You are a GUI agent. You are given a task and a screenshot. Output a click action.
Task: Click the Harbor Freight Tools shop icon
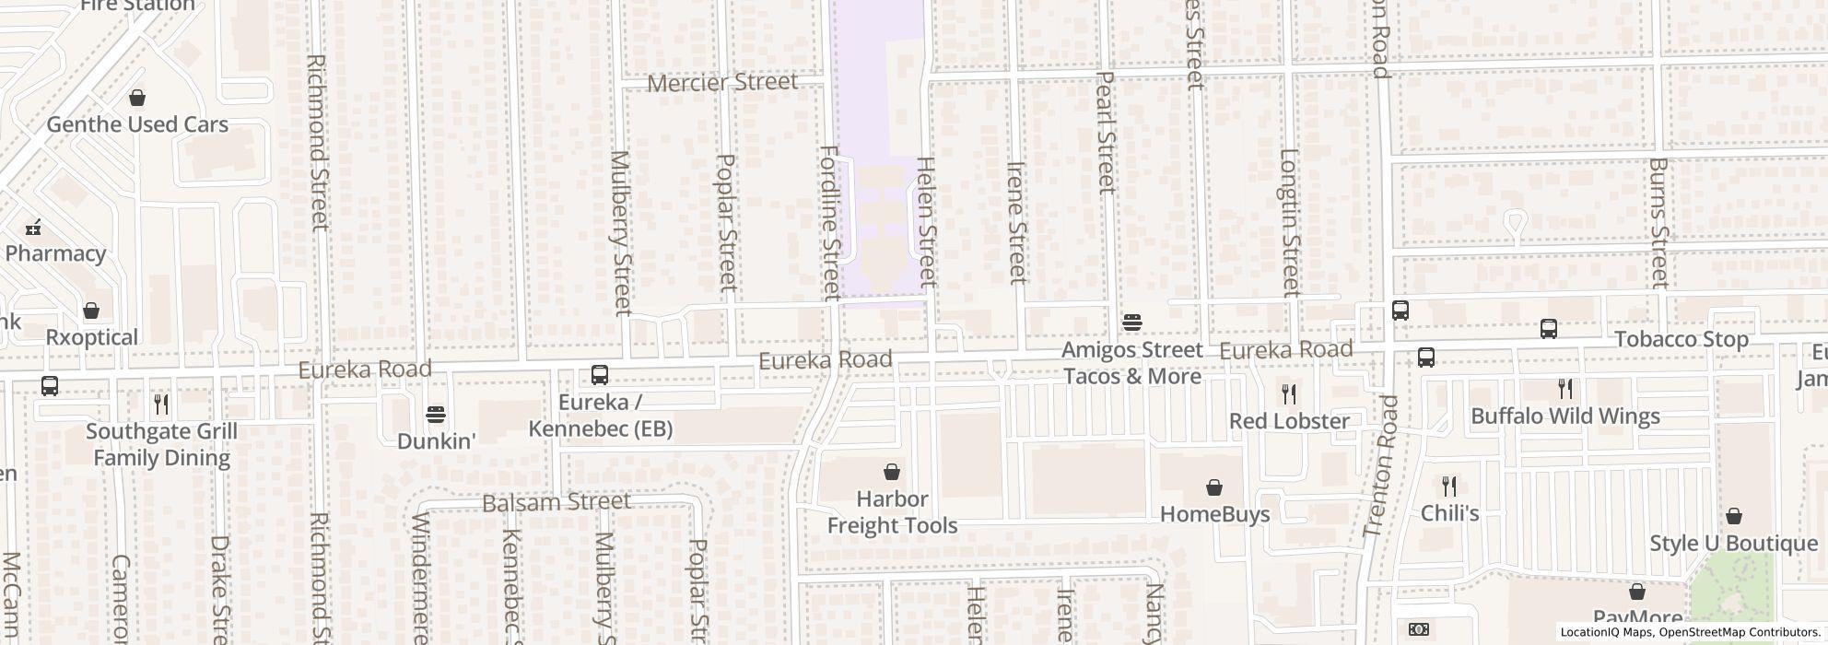892,473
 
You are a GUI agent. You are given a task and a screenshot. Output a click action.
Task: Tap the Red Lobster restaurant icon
1289,394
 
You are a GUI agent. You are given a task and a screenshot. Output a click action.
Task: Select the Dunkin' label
436,441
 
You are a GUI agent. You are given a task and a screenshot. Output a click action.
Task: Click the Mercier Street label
722,83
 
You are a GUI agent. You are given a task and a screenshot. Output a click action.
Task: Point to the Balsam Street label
557,502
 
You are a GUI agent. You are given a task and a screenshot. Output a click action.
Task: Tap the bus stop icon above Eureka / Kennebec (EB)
599,375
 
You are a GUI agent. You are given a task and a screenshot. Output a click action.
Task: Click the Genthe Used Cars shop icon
137,98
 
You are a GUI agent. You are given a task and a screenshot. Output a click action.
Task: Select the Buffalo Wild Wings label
1564,416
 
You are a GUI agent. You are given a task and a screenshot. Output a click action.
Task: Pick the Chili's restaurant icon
1449,486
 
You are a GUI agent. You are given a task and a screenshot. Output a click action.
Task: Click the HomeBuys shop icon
1214,487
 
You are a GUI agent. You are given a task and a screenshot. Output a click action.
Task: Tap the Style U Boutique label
1733,544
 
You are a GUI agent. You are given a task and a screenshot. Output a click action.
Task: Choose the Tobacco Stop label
1681,340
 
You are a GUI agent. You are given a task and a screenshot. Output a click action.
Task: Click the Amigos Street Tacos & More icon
1132,322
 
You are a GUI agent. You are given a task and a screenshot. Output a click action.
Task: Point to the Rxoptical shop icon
91,311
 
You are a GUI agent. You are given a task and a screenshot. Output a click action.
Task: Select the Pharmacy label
55,253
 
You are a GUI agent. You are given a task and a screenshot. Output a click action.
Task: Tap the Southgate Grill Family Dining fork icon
161,403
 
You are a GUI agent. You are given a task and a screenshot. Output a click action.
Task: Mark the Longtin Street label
1289,223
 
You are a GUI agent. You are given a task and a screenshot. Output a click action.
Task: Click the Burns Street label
1658,223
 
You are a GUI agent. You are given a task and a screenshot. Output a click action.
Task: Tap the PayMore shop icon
1637,592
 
